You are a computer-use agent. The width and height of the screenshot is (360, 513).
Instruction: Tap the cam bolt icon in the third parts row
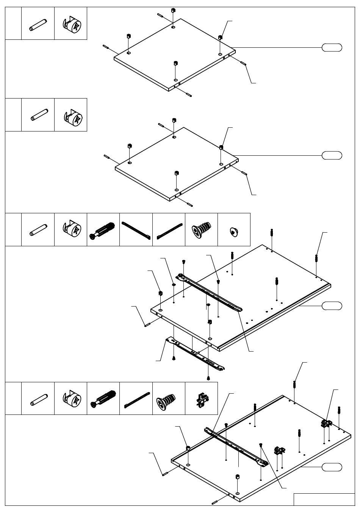coord(103,230)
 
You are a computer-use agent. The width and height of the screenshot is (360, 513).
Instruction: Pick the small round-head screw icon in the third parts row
coord(234,231)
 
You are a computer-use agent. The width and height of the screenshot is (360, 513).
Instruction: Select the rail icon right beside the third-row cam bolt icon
coord(136,230)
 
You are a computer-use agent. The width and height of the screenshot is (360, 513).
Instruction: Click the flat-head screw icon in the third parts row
coord(201,230)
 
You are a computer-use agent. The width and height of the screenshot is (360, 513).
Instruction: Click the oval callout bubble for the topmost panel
coord(332,48)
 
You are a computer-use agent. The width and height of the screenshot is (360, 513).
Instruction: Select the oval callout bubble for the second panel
coord(332,155)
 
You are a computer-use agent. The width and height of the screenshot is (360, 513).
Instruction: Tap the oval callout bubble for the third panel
coord(332,306)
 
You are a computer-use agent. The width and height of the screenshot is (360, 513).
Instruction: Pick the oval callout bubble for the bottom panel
coord(332,467)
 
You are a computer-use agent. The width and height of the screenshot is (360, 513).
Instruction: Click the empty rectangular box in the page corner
coord(324,499)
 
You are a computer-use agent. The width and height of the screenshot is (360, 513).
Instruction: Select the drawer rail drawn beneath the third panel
coord(195,355)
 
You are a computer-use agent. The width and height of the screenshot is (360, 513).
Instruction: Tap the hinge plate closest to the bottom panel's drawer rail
coord(280,450)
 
